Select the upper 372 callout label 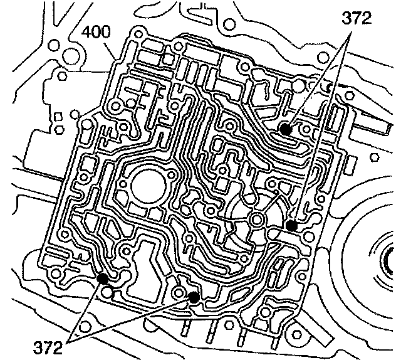(x=355, y=17)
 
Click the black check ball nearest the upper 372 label (x=285, y=130)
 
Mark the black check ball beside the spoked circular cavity (x=290, y=225)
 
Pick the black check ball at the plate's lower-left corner (x=102, y=278)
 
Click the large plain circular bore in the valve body (x=148, y=184)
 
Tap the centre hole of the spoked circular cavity (x=257, y=218)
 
